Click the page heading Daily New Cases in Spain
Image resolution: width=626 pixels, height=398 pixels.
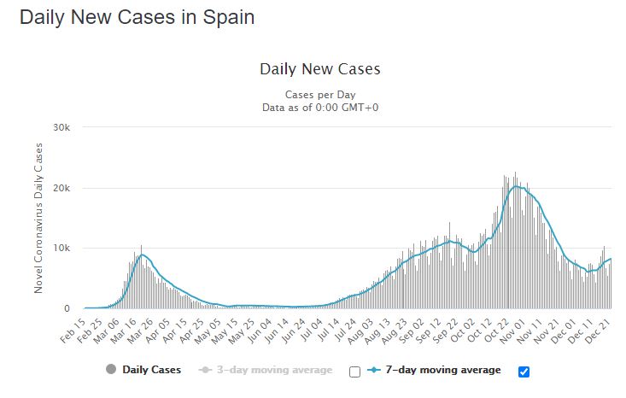137,17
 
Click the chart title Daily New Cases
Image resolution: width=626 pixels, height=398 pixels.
319,69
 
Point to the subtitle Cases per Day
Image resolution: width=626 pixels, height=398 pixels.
320,94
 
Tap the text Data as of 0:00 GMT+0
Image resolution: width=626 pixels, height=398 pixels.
320,108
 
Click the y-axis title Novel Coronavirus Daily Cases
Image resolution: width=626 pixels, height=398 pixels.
39,218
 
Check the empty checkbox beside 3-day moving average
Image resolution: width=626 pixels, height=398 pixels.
355,372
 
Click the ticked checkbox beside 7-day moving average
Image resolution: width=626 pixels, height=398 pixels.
524,371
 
